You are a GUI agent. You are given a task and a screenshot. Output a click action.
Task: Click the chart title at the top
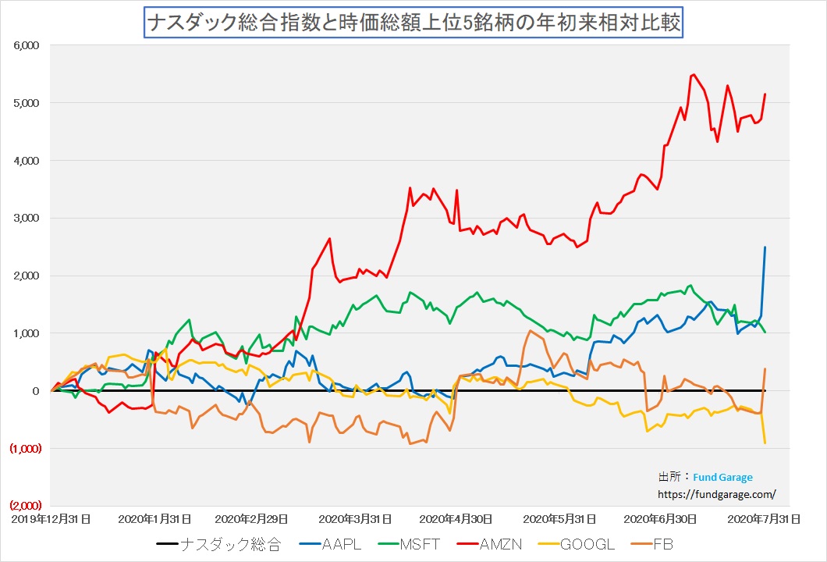pyautogui.click(x=413, y=23)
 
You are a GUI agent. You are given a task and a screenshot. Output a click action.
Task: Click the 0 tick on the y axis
pyautogui.click(x=35, y=391)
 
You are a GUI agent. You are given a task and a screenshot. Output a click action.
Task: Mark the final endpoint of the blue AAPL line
pyautogui.click(x=765, y=247)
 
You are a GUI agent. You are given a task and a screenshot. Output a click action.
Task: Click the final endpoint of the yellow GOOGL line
pyautogui.click(x=765, y=443)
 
